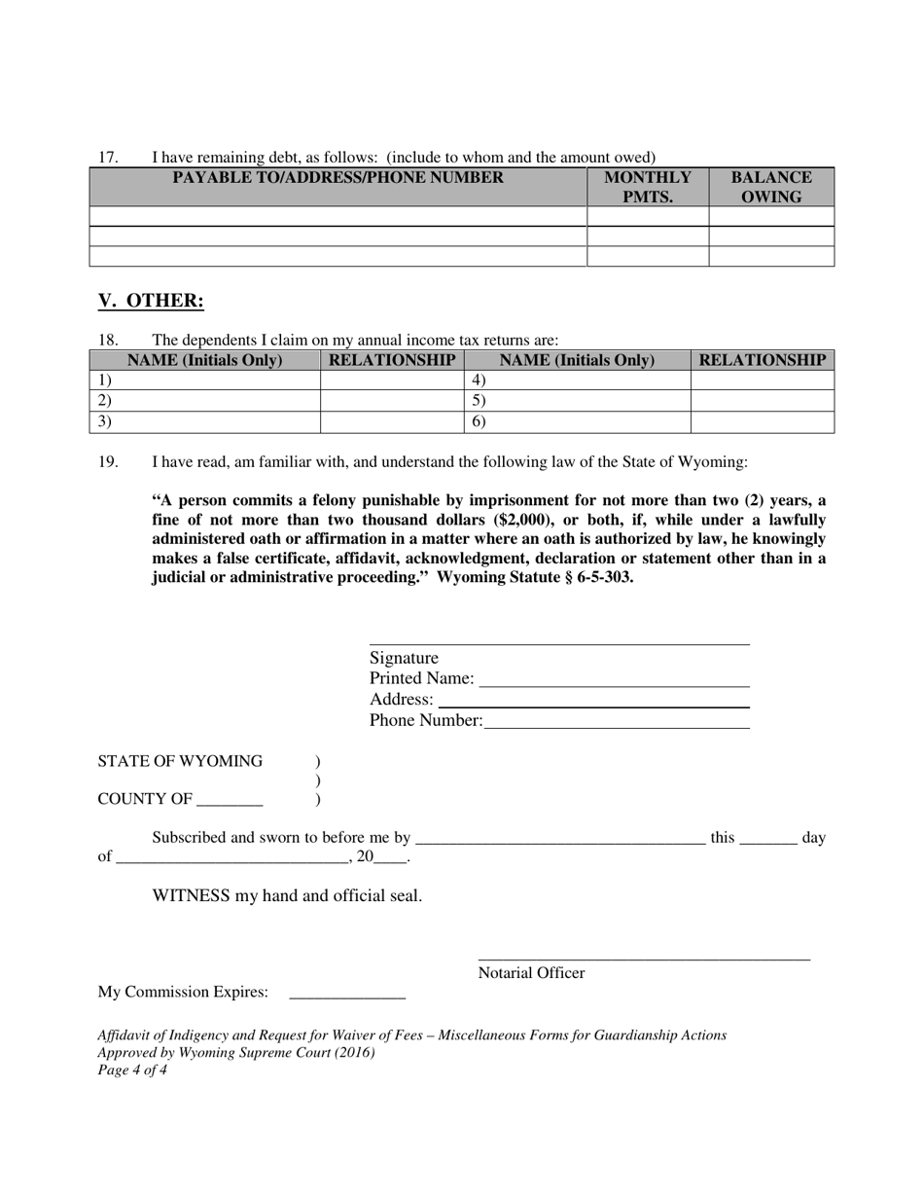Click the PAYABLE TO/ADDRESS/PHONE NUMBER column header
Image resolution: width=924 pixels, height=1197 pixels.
(x=338, y=178)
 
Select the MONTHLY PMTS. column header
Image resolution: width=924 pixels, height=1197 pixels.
(x=648, y=187)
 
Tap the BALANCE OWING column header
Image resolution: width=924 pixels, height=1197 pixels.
(x=771, y=187)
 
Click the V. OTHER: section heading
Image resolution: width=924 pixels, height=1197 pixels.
(x=151, y=301)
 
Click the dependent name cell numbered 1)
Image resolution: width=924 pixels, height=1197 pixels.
(x=205, y=381)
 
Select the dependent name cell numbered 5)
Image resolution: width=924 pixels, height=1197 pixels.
(x=578, y=401)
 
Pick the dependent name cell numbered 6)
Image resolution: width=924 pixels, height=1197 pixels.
(x=578, y=422)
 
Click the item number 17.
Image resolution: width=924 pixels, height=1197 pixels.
(x=107, y=158)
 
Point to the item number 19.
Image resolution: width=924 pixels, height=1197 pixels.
(x=107, y=462)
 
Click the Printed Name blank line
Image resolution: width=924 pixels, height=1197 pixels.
(x=614, y=680)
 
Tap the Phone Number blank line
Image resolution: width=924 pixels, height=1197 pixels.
(x=617, y=722)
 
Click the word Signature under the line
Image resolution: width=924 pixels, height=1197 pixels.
(x=404, y=658)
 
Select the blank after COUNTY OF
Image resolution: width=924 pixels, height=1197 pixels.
(x=230, y=801)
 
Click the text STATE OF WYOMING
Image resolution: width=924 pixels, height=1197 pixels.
(x=180, y=761)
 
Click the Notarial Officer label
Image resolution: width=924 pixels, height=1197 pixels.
(x=531, y=973)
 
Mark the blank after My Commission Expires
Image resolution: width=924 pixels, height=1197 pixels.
(x=347, y=994)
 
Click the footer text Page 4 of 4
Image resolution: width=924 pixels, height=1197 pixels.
(x=132, y=1070)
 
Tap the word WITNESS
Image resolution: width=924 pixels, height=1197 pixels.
(x=191, y=896)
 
